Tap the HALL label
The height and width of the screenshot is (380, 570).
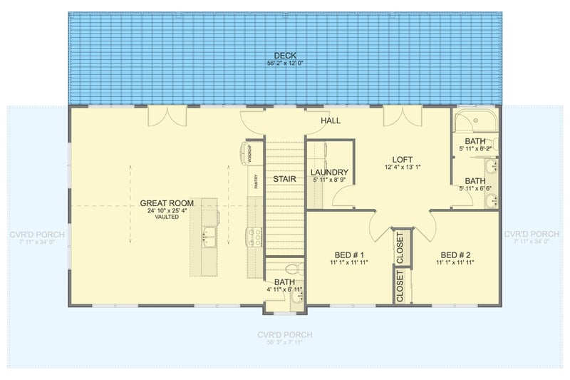(330, 120)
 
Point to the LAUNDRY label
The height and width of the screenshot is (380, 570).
(329, 173)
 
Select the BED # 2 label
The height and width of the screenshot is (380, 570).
(455, 255)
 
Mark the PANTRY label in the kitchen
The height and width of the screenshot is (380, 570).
(254, 182)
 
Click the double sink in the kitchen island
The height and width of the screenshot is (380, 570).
(209, 236)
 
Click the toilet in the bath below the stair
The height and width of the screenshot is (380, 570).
(291, 269)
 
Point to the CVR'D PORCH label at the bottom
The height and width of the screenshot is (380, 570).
(285, 334)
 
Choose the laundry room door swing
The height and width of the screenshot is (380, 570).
(342, 197)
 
